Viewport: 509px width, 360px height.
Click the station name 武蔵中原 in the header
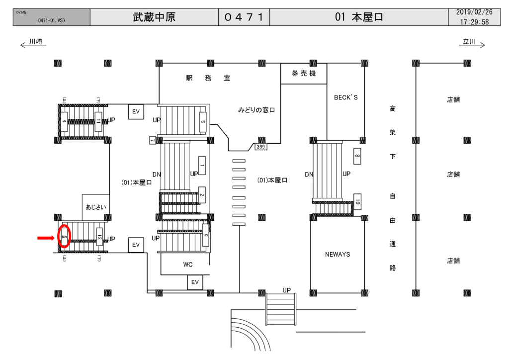(x=154, y=17)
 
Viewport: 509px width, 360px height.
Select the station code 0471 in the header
(x=244, y=17)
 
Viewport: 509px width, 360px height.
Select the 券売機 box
(x=303, y=74)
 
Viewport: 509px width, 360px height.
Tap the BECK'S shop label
(x=345, y=97)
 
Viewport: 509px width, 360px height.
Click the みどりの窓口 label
(x=256, y=110)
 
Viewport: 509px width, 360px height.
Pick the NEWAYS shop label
(x=338, y=254)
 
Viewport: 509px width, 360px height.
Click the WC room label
(x=187, y=265)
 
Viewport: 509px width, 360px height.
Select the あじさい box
(x=95, y=207)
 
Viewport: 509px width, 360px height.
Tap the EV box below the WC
(x=195, y=282)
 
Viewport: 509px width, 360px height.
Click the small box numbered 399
(x=260, y=147)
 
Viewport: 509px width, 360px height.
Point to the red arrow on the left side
(x=46, y=238)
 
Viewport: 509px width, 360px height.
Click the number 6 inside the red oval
(x=64, y=238)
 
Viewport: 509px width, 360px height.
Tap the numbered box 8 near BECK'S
(x=357, y=157)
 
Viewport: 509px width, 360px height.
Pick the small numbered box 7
(x=153, y=141)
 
